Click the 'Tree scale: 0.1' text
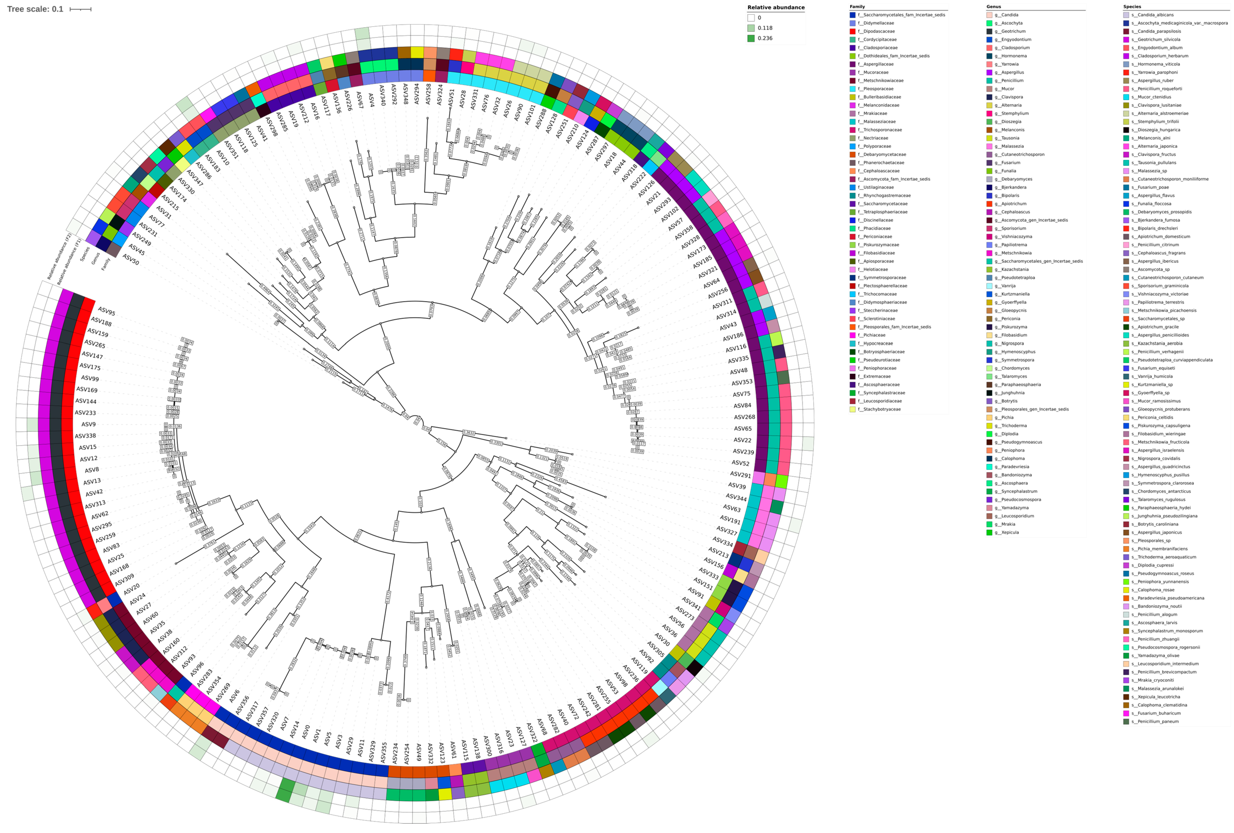pyautogui.click(x=35, y=9)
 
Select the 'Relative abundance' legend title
pyautogui.click(x=776, y=7)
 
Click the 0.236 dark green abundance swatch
pyautogui.click(x=751, y=38)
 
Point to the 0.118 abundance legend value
pyautogui.click(x=765, y=28)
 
